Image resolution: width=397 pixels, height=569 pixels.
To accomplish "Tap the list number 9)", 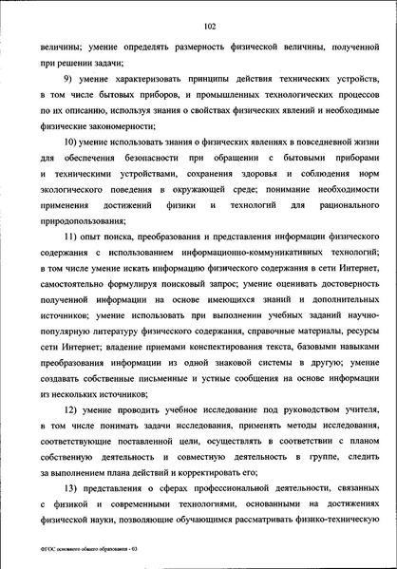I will coord(69,79).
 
